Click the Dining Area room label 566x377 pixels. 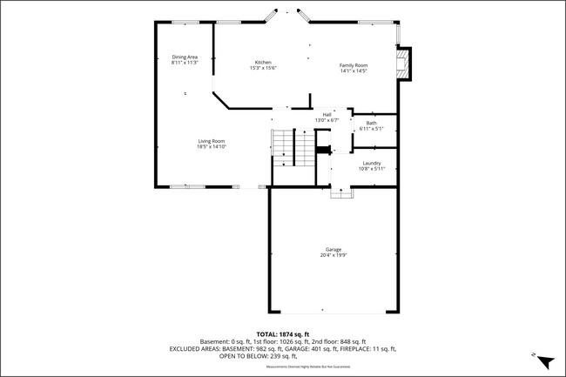[185, 57]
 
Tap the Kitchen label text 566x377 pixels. [263, 62]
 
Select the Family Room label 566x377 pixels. [354, 65]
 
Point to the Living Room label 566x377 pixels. [212, 141]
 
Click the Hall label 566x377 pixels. [327, 114]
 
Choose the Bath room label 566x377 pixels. [372, 123]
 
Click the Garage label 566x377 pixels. [334, 250]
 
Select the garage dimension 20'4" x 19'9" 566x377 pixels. [334, 256]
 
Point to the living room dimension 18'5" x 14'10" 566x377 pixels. [212, 147]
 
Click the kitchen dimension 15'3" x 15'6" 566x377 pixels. [263, 68]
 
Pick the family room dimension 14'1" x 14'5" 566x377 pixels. [354, 71]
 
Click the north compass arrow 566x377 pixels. [544, 360]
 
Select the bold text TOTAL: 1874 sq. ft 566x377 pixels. [283, 333]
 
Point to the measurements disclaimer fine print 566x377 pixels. [283, 367]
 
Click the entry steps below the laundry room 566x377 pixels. [342, 193]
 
